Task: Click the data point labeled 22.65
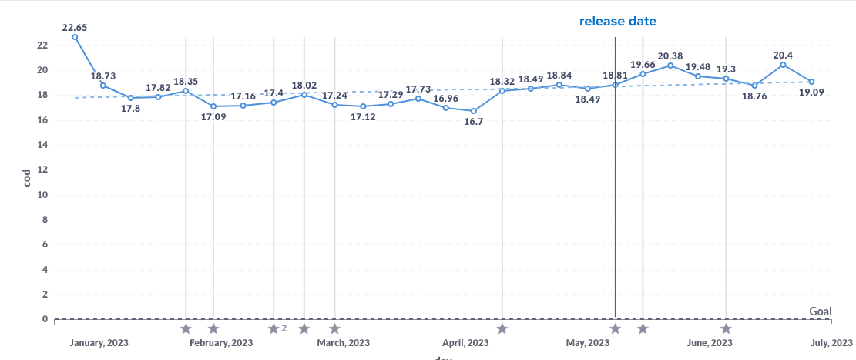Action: [x=75, y=37]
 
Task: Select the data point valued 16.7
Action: [x=474, y=111]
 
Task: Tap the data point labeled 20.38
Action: [x=670, y=66]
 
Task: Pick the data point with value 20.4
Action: [x=783, y=65]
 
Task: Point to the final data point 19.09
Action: [x=811, y=82]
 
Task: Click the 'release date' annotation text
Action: [x=618, y=21]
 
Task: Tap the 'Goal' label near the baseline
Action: [x=821, y=311]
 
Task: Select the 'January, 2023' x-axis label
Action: [x=99, y=342]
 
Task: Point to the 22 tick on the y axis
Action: [x=42, y=45]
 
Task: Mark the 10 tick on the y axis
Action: [x=42, y=195]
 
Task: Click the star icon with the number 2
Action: [x=274, y=329]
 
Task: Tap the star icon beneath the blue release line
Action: [x=615, y=329]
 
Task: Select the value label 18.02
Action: [x=304, y=86]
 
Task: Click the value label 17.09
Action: [x=213, y=118]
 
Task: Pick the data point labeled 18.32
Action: [x=502, y=91]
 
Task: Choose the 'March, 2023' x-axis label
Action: [x=343, y=342]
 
